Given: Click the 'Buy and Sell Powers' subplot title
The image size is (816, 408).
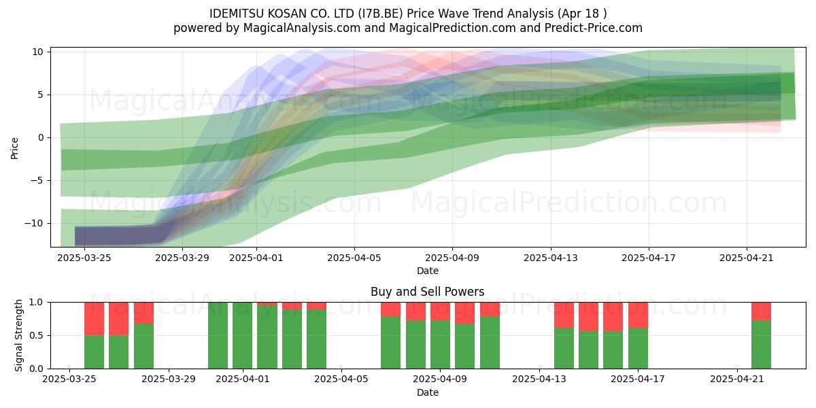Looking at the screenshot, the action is point(427,292).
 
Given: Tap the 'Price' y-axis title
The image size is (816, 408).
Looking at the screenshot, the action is point(14,148).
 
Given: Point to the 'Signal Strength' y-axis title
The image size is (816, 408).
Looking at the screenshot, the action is point(18,335).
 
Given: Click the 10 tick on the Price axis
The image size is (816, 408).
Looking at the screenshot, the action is point(37,52).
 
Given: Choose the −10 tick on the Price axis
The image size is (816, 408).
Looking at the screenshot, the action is point(34,223).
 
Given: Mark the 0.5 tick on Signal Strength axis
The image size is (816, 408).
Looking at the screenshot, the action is point(37,335).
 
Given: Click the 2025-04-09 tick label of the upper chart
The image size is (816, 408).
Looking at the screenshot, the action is point(452,258).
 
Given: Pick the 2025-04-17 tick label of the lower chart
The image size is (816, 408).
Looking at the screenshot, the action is point(638,379).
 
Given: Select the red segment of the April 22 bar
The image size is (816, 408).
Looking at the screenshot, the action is point(761,311).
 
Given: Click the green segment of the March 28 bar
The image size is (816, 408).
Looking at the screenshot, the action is point(143,346).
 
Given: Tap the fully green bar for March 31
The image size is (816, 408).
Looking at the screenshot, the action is point(218,335).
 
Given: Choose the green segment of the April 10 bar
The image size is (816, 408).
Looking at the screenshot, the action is point(465,346).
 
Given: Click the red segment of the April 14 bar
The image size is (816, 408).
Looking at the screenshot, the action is point(564,315).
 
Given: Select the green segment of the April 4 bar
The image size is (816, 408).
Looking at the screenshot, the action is point(317,339).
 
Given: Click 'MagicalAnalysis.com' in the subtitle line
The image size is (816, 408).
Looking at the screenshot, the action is point(302,28).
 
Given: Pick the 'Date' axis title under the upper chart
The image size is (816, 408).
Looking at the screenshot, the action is point(427,271).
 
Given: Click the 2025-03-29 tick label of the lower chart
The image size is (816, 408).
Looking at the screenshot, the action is point(169,379).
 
